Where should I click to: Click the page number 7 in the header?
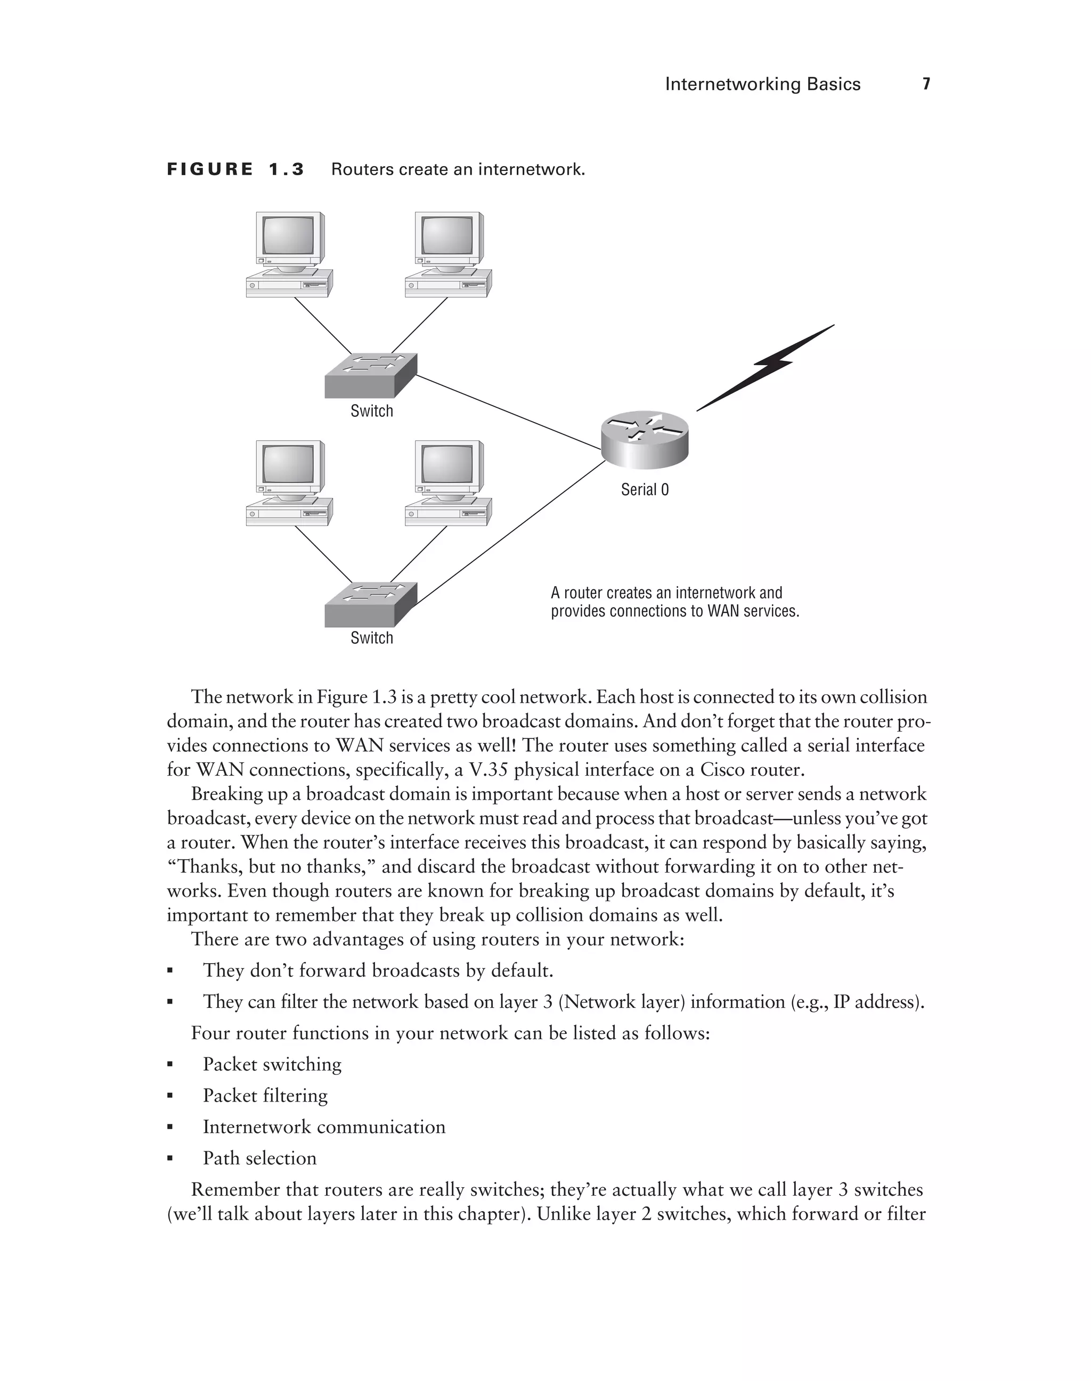(926, 84)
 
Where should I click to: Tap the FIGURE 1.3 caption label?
(235, 169)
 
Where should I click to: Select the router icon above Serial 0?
(645, 439)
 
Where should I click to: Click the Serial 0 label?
(645, 490)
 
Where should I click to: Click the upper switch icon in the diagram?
(370, 375)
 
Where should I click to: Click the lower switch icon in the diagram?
(370, 604)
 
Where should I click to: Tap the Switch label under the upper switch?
(372, 411)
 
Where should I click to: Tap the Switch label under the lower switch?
(372, 638)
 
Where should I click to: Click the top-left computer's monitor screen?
(288, 236)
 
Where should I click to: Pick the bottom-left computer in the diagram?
(289, 483)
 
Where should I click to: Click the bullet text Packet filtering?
(265, 1096)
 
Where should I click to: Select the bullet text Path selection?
(259, 1158)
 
